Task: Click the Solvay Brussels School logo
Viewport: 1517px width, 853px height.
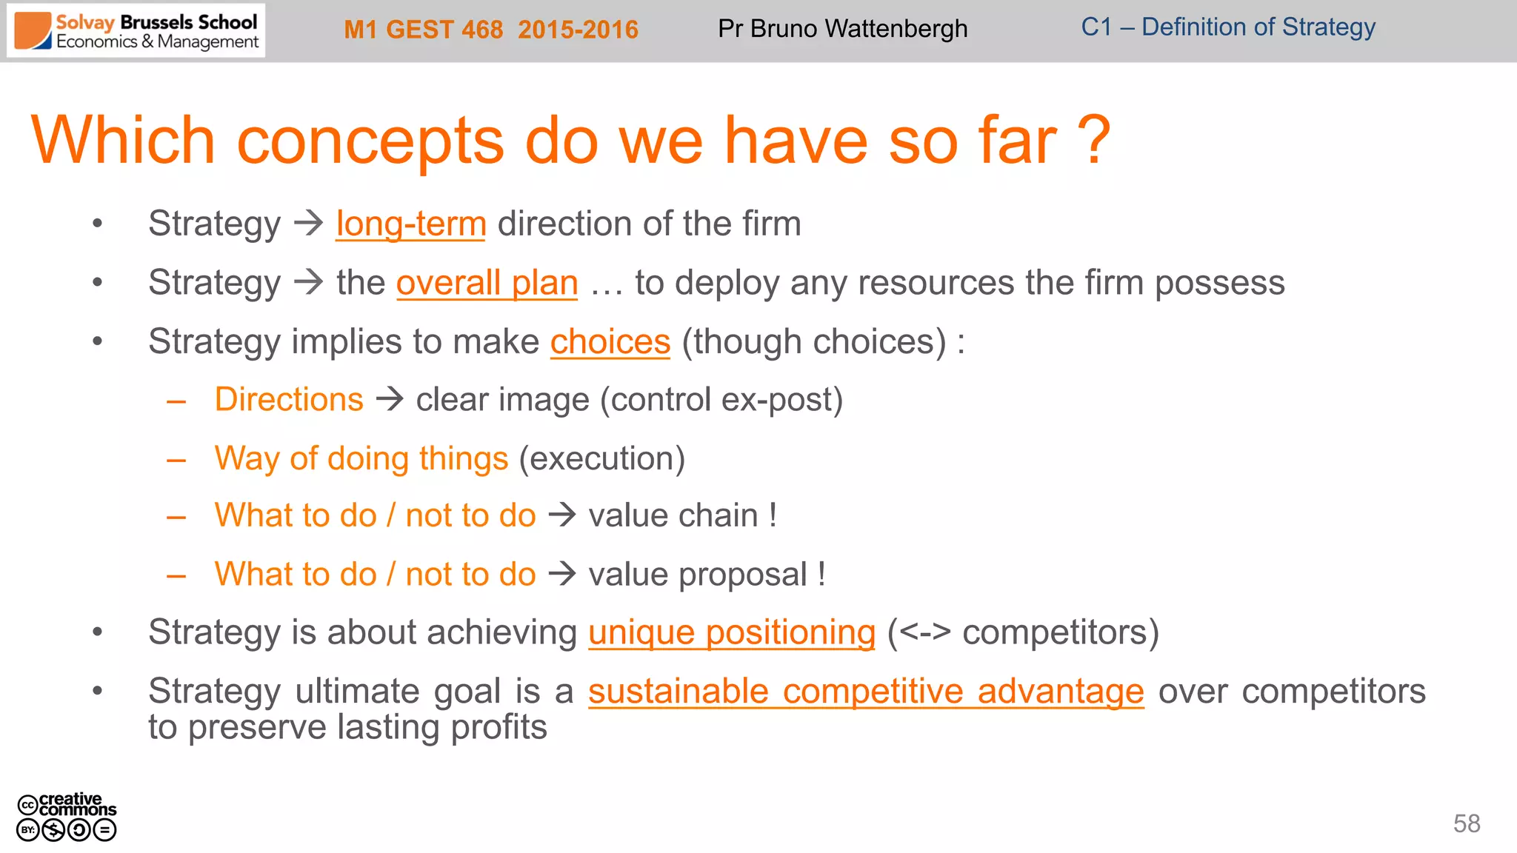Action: pos(136,31)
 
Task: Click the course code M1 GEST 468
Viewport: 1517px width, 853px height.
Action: pos(423,30)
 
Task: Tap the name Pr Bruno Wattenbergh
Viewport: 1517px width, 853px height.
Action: pos(842,29)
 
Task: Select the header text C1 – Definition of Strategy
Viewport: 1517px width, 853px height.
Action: pos(1227,27)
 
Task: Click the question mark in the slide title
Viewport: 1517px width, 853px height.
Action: pos(1093,141)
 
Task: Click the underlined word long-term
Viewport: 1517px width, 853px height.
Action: pos(410,224)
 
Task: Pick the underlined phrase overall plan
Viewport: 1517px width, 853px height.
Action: pos(487,283)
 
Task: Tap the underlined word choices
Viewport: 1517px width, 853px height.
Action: pos(610,342)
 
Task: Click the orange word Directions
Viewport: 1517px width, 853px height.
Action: pos(289,400)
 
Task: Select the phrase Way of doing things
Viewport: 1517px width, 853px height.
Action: pos(361,458)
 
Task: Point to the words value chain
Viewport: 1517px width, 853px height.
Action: pos(673,515)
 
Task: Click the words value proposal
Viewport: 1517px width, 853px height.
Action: pos(697,575)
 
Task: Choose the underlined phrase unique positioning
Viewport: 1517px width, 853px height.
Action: pos(732,632)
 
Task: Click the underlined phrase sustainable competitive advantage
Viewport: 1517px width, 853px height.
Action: pos(865,692)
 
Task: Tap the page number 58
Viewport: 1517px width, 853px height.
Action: pos(1466,823)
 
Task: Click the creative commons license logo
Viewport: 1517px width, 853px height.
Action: pos(67,817)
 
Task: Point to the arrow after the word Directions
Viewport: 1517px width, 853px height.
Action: pos(390,400)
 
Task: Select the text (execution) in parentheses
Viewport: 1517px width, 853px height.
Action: pos(601,458)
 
